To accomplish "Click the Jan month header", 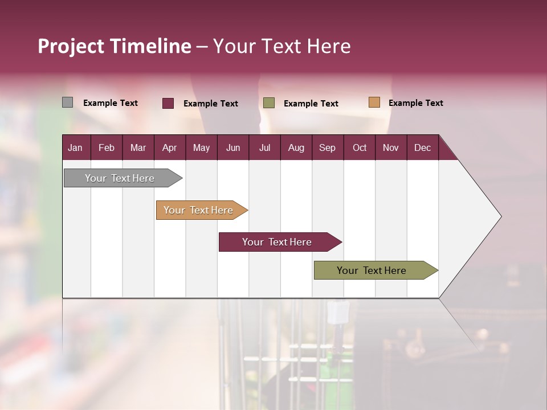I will click(x=75, y=147).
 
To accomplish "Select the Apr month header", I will click(x=169, y=147).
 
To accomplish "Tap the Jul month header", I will click(x=264, y=147).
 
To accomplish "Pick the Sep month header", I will click(x=327, y=147).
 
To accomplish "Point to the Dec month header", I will click(x=422, y=147).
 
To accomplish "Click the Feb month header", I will click(x=107, y=147).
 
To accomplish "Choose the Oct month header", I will click(x=360, y=147).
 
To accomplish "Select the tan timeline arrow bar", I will click(x=199, y=210).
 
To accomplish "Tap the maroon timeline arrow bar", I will click(x=278, y=242).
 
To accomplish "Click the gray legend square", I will click(x=67, y=102).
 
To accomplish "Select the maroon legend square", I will click(x=168, y=103).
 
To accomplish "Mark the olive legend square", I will click(x=269, y=103).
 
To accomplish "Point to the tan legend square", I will click(x=374, y=102).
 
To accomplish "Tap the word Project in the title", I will click(x=71, y=46).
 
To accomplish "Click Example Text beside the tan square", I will click(x=415, y=102).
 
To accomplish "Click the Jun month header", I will click(x=233, y=147).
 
